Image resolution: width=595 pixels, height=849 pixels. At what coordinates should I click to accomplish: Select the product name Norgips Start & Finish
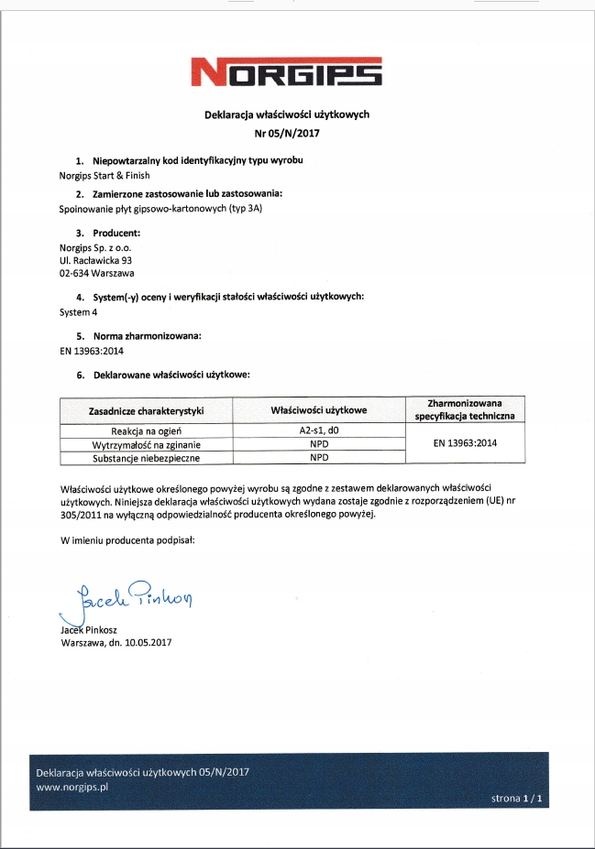click(104, 175)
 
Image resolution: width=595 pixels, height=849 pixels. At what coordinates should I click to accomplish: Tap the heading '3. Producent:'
click(108, 233)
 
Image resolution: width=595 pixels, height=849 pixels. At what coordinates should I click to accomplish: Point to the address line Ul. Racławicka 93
click(95, 260)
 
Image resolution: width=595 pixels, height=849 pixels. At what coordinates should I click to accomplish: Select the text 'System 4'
click(78, 311)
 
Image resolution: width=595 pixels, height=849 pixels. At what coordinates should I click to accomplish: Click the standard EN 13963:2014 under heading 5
click(91, 350)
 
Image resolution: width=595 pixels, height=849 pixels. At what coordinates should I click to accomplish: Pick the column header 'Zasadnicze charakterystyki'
click(146, 411)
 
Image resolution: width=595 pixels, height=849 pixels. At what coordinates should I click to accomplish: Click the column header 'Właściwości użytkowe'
click(319, 411)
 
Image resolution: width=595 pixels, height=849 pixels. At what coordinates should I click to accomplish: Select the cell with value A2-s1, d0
click(319, 430)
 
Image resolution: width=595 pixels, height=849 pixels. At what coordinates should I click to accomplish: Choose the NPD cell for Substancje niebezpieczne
click(319, 456)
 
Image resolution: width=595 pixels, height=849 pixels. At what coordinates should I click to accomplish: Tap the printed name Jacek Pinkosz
click(89, 629)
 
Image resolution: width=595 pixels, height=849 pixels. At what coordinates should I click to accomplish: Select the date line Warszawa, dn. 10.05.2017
click(116, 642)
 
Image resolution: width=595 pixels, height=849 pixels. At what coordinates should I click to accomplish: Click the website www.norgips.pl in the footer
click(73, 786)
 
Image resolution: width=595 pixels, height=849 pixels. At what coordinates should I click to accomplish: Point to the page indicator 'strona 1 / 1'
click(518, 799)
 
